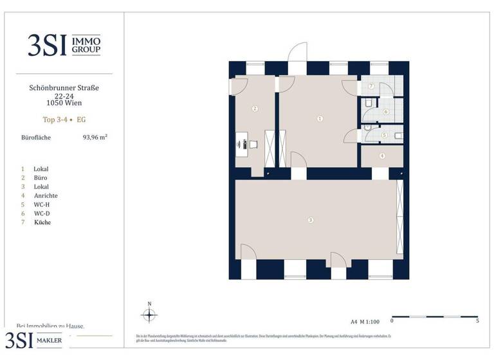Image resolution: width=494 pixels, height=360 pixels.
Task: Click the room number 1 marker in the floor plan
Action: [x=320, y=118]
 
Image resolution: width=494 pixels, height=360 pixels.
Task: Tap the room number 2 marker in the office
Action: [x=255, y=109]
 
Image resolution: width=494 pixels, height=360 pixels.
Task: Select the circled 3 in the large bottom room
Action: [x=311, y=221]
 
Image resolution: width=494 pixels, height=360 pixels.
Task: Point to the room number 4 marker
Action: [x=382, y=156]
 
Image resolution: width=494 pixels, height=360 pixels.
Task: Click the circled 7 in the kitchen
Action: [x=371, y=86]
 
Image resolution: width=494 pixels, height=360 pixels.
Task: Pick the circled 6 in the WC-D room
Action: [x=386, y=112]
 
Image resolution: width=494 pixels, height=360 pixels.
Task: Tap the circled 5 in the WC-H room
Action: [x=384, y=136]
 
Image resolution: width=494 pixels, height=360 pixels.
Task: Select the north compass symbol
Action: [x=149, y=314]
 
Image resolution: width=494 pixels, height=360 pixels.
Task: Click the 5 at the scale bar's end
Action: [x=477, y=320]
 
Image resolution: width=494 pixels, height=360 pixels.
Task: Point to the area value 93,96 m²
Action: [x=95, y=137]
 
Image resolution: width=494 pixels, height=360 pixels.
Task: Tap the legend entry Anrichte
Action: [x=46, y=195]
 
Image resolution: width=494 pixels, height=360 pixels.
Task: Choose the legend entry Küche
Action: [x=42, y=222]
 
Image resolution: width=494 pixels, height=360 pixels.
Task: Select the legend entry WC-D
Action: [x=42, y=213]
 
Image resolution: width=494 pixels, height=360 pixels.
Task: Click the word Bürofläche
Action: [x=36, y=137]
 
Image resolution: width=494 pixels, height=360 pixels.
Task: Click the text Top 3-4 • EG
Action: [x=64, y=119]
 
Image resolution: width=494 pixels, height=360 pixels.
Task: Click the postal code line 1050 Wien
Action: [x=64, y=103]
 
